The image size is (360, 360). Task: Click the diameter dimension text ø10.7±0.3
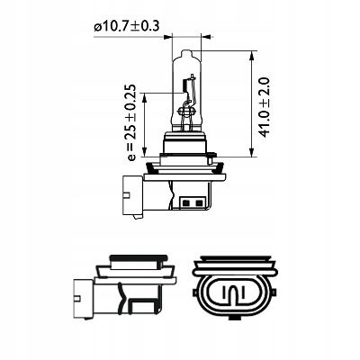pyautogui.click(x=126, y=26)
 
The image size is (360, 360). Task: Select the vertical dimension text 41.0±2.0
pyautogui.click(x=264, y=107)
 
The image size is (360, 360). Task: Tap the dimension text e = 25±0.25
pyautogui.click(x=130, y=122)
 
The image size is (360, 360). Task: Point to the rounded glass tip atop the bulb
pyautogui.click(x=186, y=55)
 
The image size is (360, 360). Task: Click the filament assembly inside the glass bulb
pyautogui.click(x=188, y=101)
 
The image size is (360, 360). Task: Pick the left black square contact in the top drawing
pyautogui.click(x=185, y=203)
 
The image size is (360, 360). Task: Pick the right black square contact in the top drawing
pyautogui.click(x=198, y=203)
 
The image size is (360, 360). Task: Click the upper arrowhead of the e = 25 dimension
pyautogui.click(x=144, y=98)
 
